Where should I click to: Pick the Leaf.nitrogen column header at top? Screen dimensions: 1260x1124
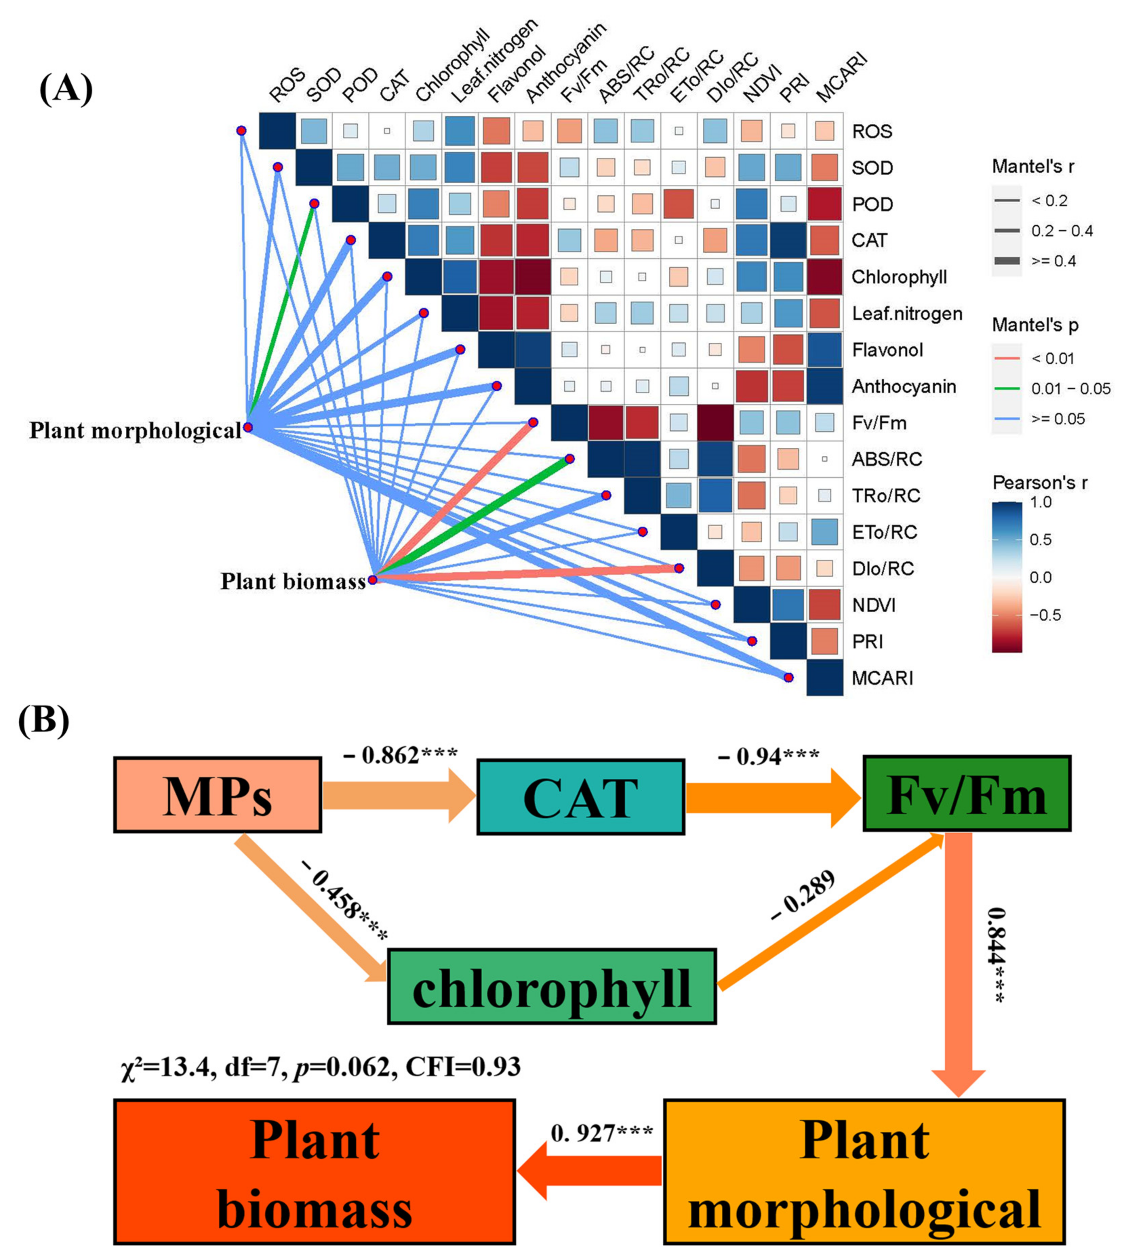pyautogui.click(x=494, y=62)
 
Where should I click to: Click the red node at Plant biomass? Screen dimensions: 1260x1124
pyautogui.click(x=373, y=580)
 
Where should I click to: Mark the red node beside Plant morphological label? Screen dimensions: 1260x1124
pyautogui.click(x=248, y=427)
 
